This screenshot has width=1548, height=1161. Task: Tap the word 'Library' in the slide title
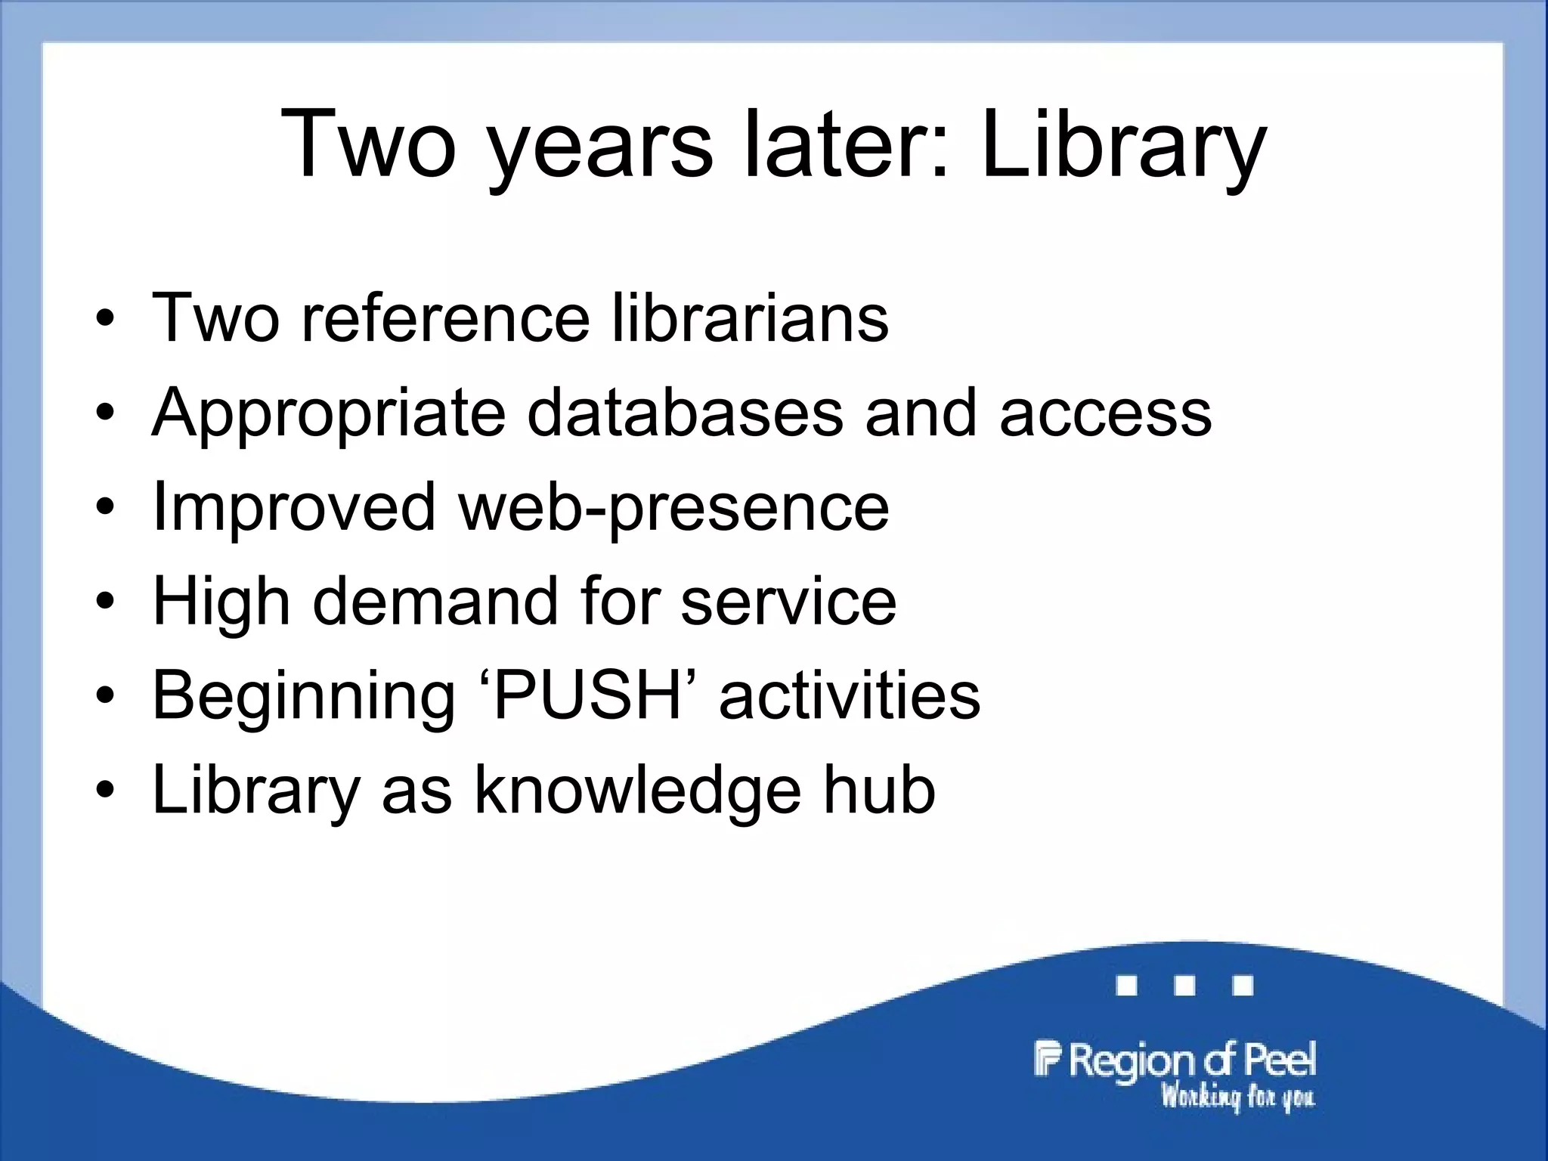1123,145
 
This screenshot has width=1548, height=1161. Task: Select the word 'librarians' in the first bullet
749,317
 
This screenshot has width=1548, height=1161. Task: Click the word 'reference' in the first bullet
445,317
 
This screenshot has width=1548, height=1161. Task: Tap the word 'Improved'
294,506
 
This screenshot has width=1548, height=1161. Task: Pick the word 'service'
788,601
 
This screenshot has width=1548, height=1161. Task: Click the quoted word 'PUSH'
587,695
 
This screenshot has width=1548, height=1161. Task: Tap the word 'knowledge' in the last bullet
637,791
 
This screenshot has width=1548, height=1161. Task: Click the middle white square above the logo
1184,986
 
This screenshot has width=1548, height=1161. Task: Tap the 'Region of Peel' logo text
1175,1060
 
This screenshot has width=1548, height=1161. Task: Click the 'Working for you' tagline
1237,1097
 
